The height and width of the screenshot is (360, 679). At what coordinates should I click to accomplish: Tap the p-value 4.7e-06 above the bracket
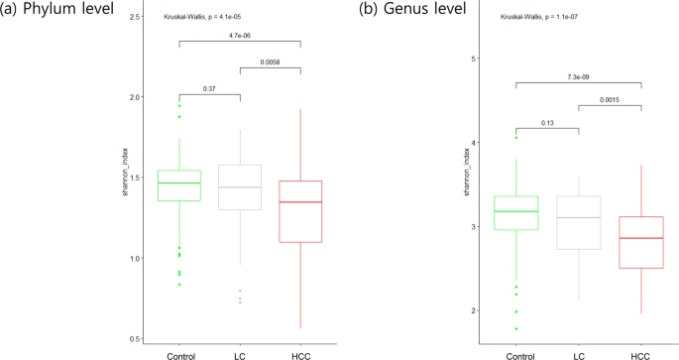[240, 36]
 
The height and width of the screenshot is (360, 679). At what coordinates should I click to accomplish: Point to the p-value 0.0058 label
[271, 62]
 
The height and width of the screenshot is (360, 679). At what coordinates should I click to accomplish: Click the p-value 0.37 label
[209, 88]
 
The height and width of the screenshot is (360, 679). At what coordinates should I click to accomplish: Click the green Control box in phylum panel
[179, 185]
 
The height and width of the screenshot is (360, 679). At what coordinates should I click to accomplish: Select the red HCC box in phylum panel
[300, 211]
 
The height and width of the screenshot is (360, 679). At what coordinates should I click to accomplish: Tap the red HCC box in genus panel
[640, 242]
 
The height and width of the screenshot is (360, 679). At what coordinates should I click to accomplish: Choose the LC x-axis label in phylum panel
[240, 354]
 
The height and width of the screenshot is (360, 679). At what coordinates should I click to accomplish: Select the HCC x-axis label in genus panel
[640, 354]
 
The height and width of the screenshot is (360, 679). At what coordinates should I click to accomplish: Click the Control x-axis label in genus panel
[516, 354]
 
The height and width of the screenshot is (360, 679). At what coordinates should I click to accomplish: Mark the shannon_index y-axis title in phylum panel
[126, 178]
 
